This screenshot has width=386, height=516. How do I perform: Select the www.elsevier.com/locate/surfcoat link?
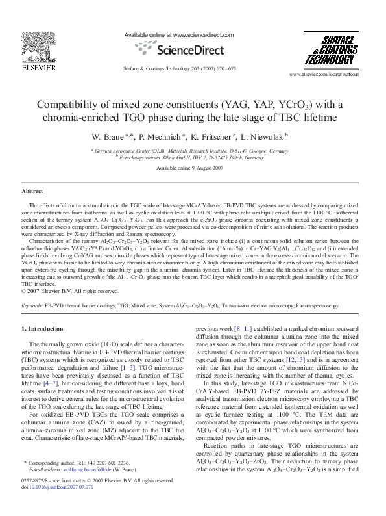(x=327, y=75)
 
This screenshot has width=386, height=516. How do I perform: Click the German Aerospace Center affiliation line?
(x=190, y=149)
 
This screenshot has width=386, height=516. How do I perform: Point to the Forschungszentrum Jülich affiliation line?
(x=191, y=156)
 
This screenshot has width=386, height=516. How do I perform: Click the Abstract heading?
(x=32, y=192)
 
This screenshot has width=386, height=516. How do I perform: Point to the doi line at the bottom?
(x=56, y=504)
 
